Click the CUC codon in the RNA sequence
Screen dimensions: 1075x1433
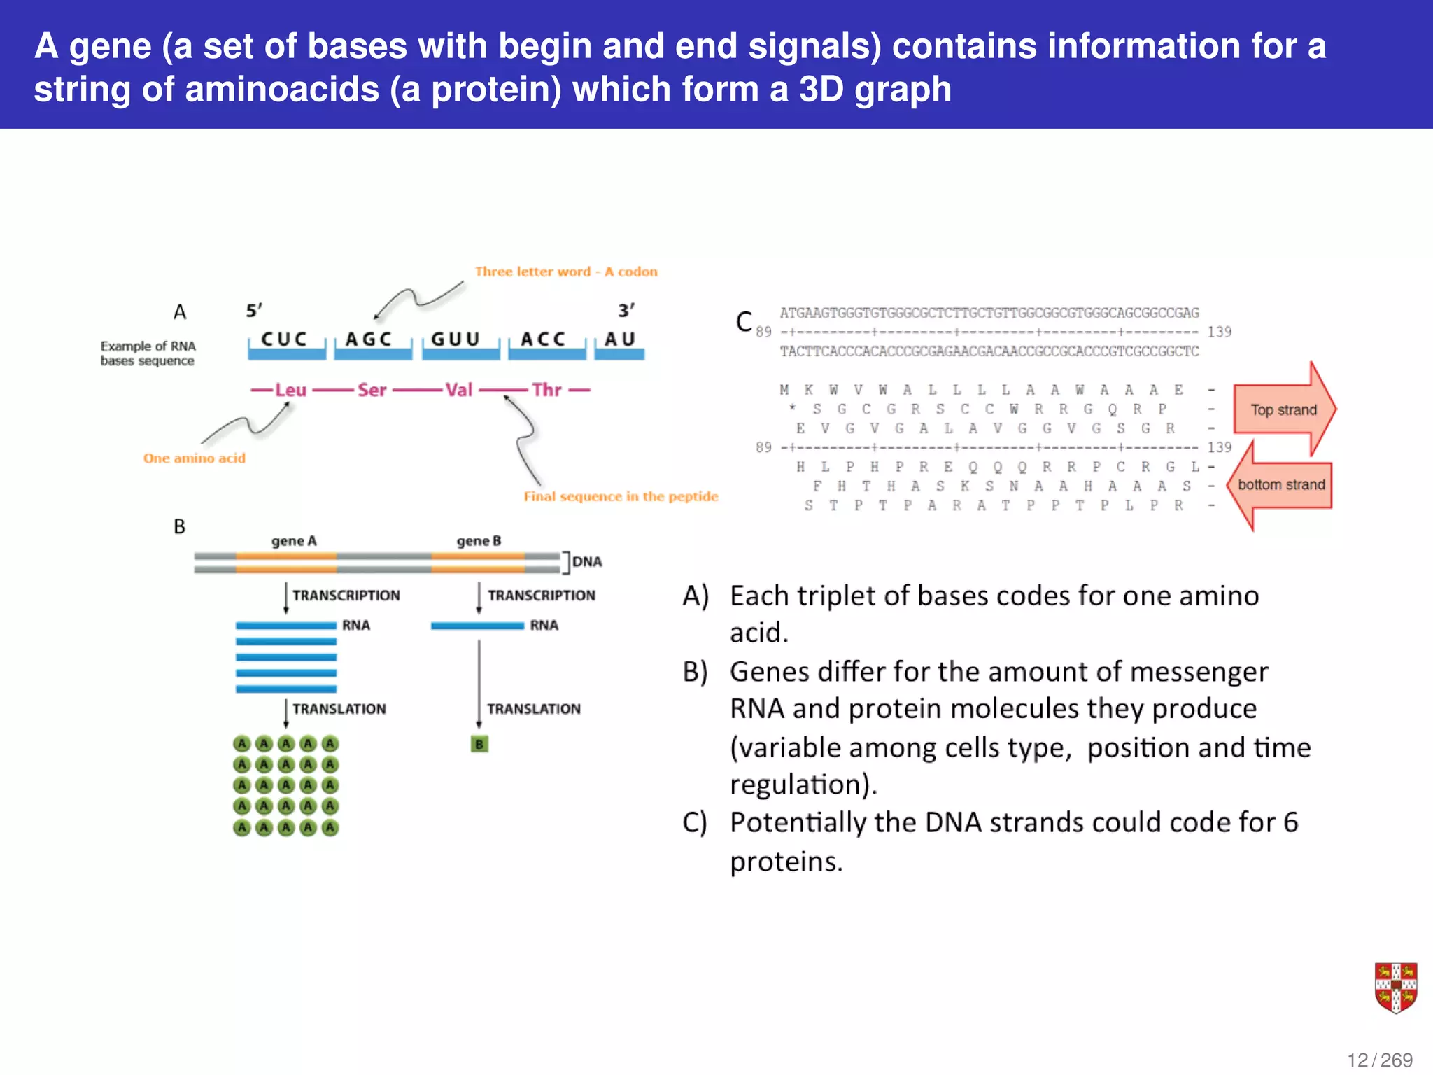284,339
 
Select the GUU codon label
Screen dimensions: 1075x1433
456,339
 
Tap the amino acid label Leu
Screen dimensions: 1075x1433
290,390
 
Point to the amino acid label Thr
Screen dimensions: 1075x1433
546,390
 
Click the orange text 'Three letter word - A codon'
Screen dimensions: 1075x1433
566,272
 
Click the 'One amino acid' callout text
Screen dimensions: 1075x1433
195,458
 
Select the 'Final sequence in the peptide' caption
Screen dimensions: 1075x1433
621,496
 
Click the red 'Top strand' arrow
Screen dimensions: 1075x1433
1283,410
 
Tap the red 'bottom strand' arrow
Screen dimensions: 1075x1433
1280,484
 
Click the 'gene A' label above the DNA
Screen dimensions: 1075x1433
294,541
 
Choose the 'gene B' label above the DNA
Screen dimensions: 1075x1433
479,541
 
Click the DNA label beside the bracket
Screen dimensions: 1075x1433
586,562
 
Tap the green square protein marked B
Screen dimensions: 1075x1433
479,744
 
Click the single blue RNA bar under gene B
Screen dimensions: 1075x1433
477,626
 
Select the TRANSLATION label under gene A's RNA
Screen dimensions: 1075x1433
339,709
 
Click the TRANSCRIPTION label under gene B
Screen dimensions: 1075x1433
542,596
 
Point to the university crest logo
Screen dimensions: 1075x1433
1395,988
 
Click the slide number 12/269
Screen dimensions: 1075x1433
1380,1060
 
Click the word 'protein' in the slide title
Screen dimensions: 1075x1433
495,90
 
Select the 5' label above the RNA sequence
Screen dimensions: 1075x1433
254,310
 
